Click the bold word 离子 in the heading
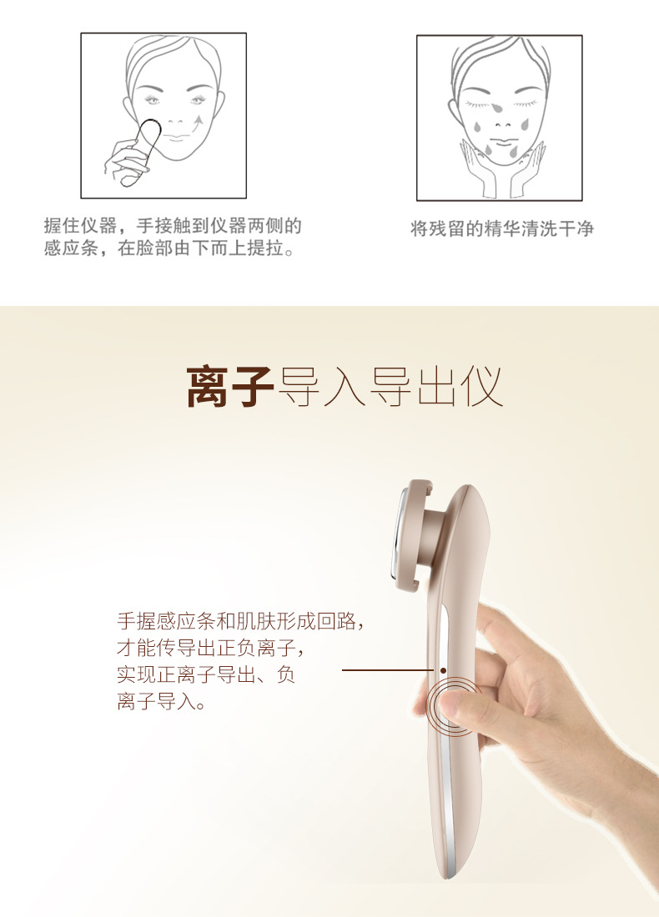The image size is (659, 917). coord(230,386)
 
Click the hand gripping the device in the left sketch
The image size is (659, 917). coord(124,162)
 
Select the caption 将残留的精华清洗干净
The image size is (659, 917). coord(502,228)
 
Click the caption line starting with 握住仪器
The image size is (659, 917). coord(173,225)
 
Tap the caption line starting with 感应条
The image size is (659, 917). coord(169,248)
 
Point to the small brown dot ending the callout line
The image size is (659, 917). coord(444,670)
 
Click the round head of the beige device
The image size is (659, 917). coord(417,534)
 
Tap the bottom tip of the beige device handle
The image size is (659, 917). coord(451,874)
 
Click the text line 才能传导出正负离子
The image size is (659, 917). coord(211,648)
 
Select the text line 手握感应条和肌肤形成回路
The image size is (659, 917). coord(240,620)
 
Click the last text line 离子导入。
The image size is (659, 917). coord(162,700)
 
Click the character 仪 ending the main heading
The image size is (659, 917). coord(481,386)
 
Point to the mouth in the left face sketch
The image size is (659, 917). coord(175,137)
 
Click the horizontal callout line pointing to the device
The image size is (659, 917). coord(388,670)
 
